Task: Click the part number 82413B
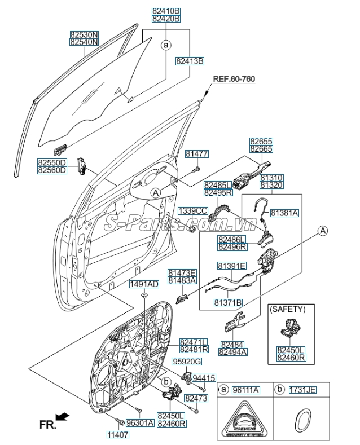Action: coord(189,60)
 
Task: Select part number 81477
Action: coord(197,153)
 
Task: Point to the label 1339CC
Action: coord(192,210)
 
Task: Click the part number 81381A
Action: coord(284,213)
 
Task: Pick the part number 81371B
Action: coord(228,303)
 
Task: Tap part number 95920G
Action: coord(187,362)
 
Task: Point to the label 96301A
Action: coord(140,422)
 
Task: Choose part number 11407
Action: coord(118,434)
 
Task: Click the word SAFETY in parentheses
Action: coord(288,309)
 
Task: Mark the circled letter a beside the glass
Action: coord(165,45)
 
